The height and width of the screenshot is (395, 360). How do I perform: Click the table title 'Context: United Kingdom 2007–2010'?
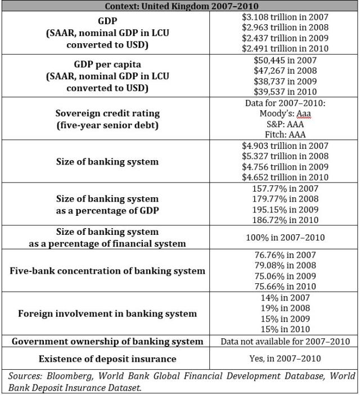click(x=180, y=6)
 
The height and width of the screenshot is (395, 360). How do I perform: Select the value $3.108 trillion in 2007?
click(x=284, y=17)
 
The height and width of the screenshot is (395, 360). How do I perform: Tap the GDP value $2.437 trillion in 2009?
click(x=284, y=38)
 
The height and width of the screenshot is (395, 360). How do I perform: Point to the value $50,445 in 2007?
click(x=285, y=60)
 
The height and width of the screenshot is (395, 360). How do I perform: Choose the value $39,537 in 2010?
click(x=285, y=92)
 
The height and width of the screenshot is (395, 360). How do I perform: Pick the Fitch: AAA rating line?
click(x=284, y=135)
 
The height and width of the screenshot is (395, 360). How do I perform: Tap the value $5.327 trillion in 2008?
click(x=284, y=156)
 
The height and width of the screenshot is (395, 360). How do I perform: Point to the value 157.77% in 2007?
click(x=285, y=189)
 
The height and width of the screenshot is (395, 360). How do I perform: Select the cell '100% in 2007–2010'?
click(x=284, y=237)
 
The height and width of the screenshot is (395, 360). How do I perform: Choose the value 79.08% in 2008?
click(x=285, y=265)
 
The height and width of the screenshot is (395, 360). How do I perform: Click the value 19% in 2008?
click(x=285, y=308)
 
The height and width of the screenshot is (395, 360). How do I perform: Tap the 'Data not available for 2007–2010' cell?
click(x=285, y=341)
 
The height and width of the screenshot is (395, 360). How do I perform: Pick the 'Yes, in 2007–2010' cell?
click(x=285, y=358)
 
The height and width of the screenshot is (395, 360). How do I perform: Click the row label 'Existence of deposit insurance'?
click(x=107, y=358)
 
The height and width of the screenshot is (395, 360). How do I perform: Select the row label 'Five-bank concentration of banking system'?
click(x=107, y=270)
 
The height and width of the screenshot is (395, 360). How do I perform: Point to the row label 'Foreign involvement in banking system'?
click(x=107, y=313)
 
